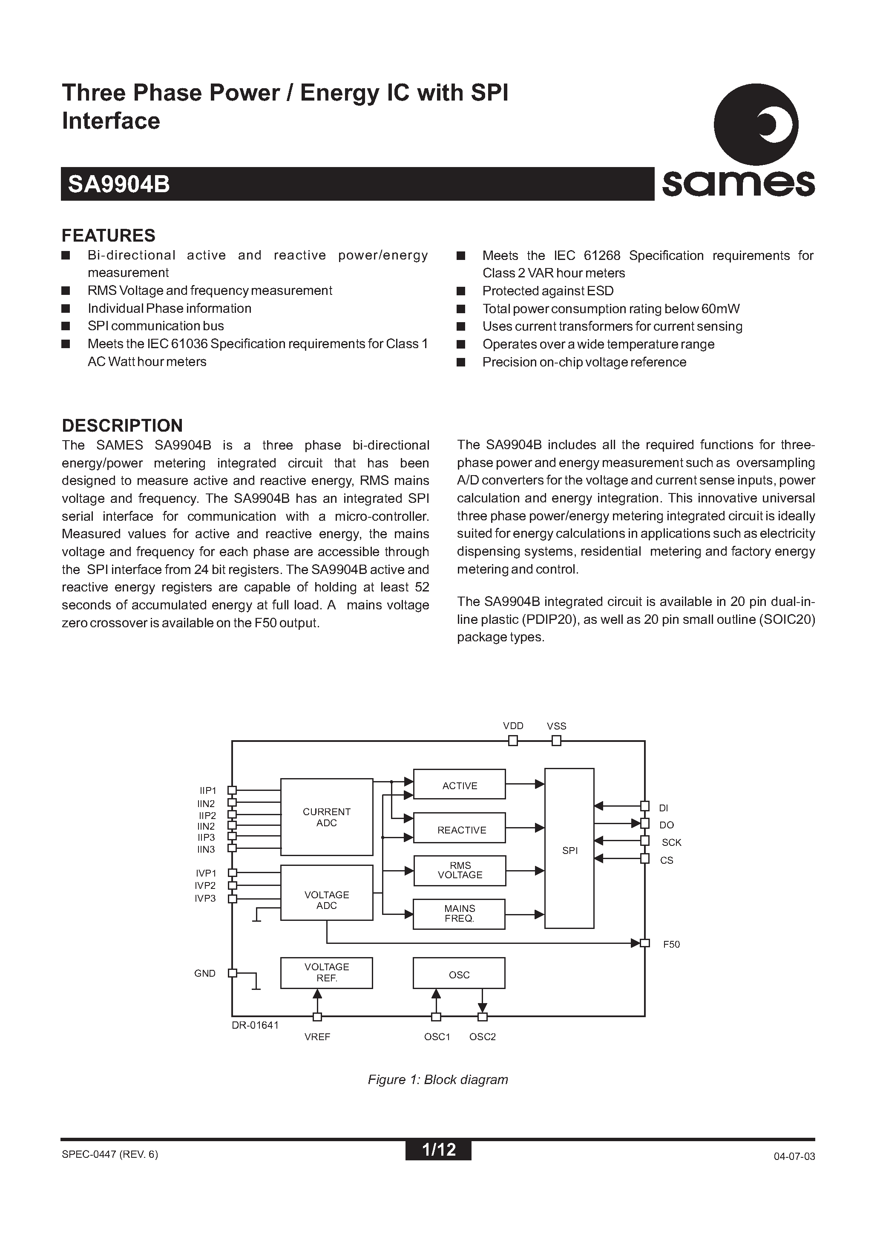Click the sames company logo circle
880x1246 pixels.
tap(755, 125)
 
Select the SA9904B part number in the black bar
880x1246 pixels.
tap(119, 185)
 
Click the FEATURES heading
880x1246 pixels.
tap(109, 236)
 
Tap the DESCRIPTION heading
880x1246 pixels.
tap(122, 425)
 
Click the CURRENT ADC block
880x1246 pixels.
tap(327, 817)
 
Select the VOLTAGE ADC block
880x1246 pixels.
tap(327, 900)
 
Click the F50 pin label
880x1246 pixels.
tap(671, 944)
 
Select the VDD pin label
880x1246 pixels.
tap(513, 726)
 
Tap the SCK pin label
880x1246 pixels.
tap(671, 842)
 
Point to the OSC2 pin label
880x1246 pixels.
tap(482, 1036)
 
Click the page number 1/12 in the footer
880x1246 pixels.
tap(438, 1149)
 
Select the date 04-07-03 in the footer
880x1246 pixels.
tap(794, 1156)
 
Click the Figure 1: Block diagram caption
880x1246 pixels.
tap(438, 1079)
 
